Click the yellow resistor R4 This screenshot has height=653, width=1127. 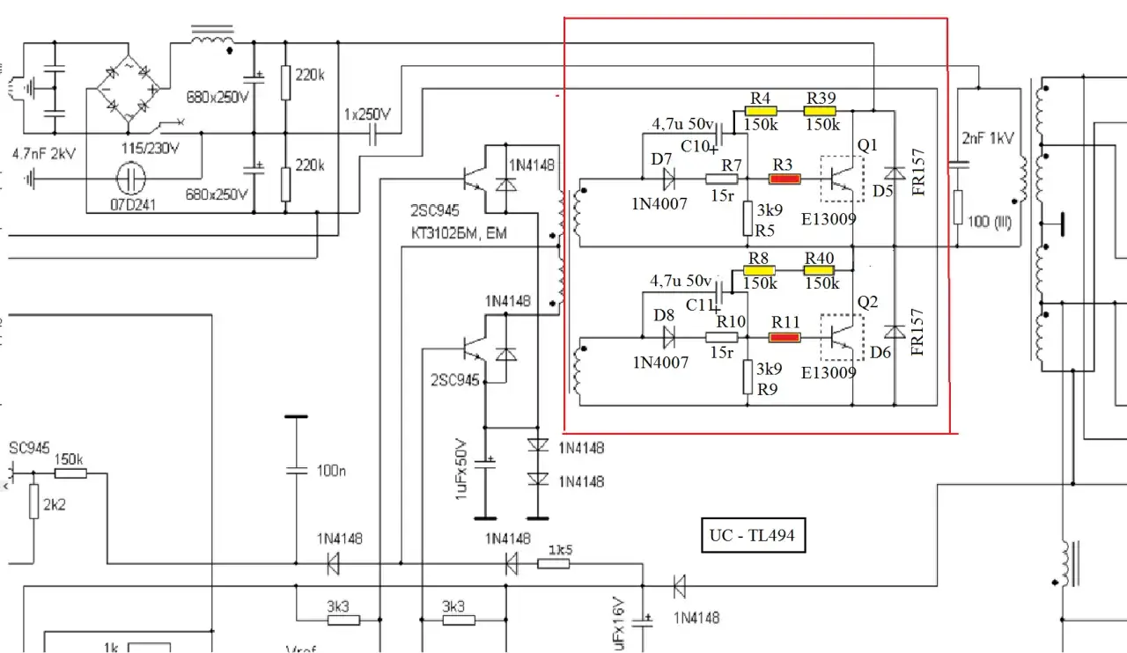761,112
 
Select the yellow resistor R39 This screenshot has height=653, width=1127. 821,112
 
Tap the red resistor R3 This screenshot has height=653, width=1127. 784,180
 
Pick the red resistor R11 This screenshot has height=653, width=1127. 784,336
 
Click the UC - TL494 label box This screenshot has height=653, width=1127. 754,534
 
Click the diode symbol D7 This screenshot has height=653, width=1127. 668,180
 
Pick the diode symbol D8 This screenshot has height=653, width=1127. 668,336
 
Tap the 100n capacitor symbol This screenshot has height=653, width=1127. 296,470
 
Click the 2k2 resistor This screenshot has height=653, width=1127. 33,503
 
